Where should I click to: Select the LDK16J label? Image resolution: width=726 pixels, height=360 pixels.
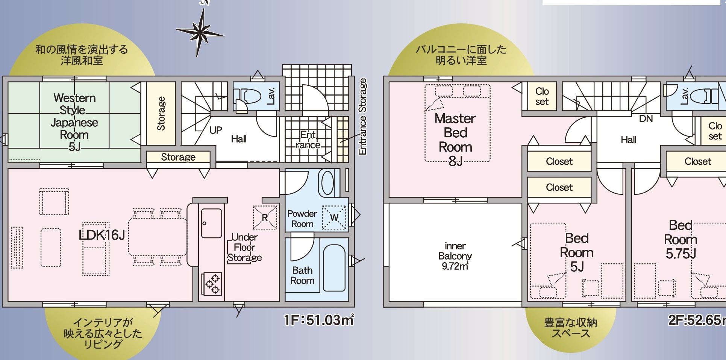click(x=102, y=235)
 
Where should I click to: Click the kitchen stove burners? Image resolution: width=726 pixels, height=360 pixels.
click(x=212, y=284)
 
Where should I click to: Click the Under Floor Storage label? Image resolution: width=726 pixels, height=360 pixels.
click(x=244, y=248)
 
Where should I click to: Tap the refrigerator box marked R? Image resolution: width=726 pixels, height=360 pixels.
click(x=265, y=217)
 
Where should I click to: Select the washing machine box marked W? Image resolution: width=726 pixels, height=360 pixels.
click(x=334, y=217)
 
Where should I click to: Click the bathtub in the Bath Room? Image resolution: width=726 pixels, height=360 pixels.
click(x=334, y=268)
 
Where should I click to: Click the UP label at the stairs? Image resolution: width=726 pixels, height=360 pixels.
click(x=216, y=130)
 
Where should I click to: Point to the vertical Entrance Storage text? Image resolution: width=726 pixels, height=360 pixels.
click(x=362, y=116)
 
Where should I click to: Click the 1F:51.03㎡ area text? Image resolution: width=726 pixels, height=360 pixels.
click(x=319, y=320)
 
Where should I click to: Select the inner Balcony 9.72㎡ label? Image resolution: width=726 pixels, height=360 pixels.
click(x=455, y=256)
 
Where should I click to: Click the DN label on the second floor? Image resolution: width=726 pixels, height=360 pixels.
click(x=646, y=119)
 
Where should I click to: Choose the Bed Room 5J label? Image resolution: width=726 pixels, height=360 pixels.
click(x=577, y=252)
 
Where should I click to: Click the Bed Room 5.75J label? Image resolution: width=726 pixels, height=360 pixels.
click(x=681, y=240)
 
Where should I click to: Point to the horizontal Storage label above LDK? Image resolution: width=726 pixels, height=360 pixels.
click(x=178, y=157)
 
